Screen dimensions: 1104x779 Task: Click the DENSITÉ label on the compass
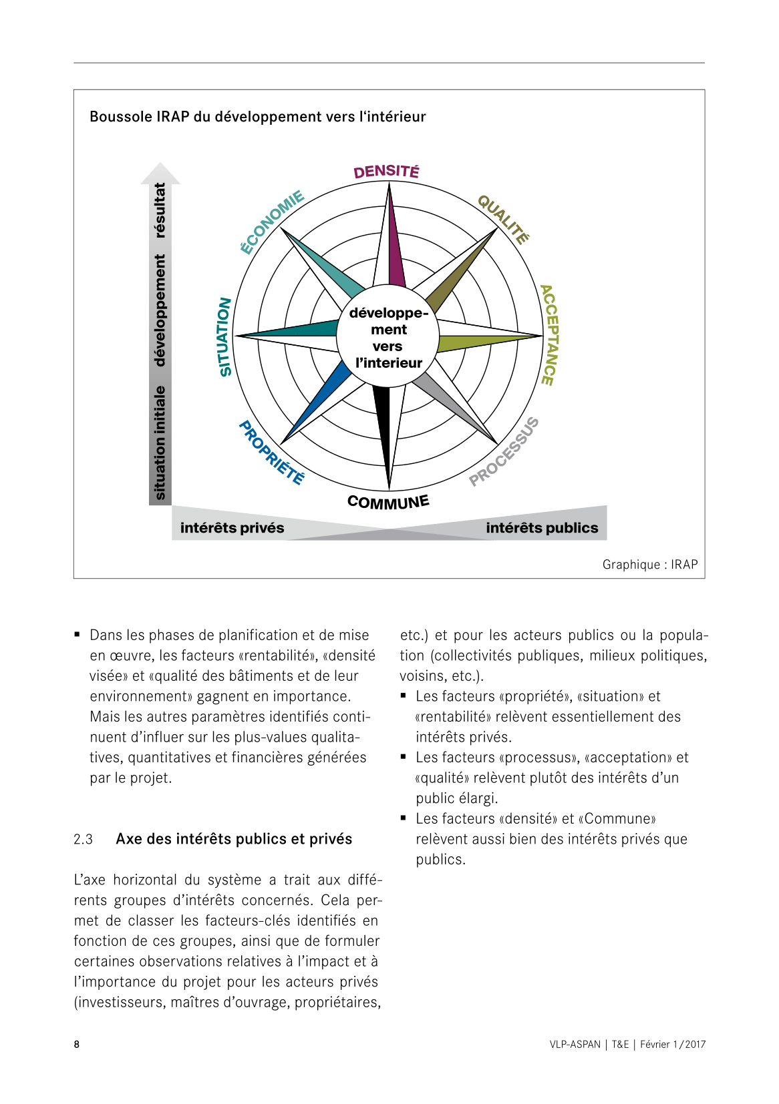386,172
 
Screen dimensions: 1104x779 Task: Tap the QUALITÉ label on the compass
504,220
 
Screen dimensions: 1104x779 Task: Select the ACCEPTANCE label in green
549,335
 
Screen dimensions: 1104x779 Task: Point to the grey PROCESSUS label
504,452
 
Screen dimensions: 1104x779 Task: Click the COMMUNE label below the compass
388,502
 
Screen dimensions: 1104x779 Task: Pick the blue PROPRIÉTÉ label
272,453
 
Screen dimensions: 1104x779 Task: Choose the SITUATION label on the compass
225,336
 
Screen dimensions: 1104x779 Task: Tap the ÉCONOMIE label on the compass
272,222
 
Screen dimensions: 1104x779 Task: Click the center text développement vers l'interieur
388,338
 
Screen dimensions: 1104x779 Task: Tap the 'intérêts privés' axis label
232,528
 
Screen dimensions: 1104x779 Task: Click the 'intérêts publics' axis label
542,528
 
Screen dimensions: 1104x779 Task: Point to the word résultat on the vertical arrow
160,210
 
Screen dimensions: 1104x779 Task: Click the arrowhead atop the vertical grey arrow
160,173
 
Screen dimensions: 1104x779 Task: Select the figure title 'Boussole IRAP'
257,117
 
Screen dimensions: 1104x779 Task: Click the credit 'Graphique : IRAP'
649,565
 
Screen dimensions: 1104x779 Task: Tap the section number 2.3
84,839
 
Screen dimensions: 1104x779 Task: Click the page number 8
77,1045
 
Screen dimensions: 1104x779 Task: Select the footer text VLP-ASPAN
575,1045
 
